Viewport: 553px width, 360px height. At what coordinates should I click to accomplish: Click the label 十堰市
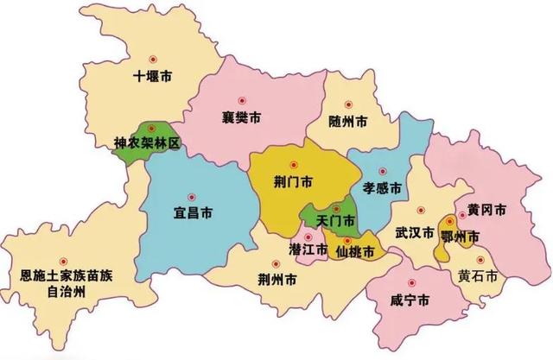pos(152,76)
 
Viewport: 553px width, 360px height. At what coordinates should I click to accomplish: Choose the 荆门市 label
pos(292,182)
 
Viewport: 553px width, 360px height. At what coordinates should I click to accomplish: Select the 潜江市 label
pos(308,249)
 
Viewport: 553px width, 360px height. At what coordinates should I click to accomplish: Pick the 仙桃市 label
pos(356,251)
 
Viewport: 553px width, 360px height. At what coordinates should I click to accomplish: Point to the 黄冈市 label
pos(487,211)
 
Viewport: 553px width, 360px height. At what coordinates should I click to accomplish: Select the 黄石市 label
pos(478,276)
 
